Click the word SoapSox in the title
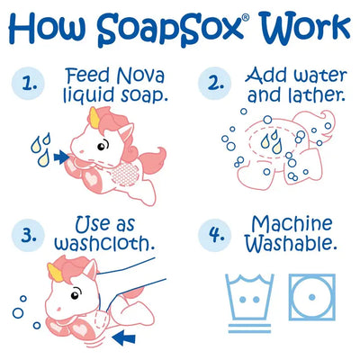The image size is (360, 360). (x=169, y=30)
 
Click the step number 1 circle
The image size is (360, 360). (x=28, y=83)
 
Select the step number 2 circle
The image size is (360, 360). (x=215, y=83)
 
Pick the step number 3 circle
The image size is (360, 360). (x=28, y=235)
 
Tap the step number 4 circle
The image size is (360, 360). (x=215, y=235)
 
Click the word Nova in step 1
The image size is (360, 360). (x=140, y=76)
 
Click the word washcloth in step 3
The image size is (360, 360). (x=104, y=243)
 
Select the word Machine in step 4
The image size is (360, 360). (x=292, y=224)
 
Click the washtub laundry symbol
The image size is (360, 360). (x=249, y=302)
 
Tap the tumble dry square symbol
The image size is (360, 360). (x=312, y=297)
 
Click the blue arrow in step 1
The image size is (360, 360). (x=62, y=157)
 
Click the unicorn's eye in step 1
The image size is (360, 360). (x=102, y=145)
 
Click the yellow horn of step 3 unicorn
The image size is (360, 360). (x=56, y=272)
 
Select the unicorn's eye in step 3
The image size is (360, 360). (x=76, y=294)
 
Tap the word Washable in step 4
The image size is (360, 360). (x=290, y=244)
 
